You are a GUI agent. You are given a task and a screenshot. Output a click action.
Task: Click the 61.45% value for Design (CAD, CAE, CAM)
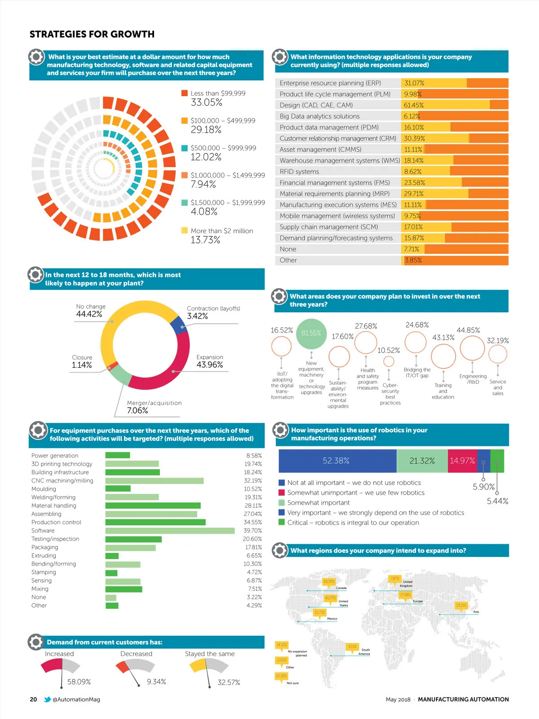tap(414, 105)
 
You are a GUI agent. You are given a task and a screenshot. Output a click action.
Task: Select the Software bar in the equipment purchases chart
tap(170, 531)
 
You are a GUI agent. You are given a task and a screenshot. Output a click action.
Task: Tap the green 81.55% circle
tap(311, 333)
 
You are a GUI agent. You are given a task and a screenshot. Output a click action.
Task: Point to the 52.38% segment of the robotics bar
tap(336, 461)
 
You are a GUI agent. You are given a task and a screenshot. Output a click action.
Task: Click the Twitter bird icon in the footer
tap(47, 699)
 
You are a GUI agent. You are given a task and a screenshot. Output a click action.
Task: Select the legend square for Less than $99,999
tap(184, 93)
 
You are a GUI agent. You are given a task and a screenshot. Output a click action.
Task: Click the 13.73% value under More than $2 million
tap(205, 240)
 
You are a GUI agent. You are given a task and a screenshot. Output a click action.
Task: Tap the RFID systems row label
tap(299, 172)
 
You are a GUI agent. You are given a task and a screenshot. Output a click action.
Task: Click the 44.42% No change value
tap(89, 314)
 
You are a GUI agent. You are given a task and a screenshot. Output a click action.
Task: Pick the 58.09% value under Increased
tap(79, 682)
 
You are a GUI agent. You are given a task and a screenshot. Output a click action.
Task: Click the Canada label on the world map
tap(341, 588)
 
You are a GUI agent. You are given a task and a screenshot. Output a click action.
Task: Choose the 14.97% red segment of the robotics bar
tap(462, 461)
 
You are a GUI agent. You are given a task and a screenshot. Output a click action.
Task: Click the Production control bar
tap(155, 522)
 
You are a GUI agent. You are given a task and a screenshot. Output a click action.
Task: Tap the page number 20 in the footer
tap(33, 699)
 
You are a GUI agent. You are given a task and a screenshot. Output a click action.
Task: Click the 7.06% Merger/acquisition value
tap(137, 411)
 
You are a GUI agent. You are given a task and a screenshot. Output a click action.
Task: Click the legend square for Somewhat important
tap(282, 503)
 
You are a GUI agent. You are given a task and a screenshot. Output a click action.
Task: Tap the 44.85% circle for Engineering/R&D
tap(472, 348)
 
